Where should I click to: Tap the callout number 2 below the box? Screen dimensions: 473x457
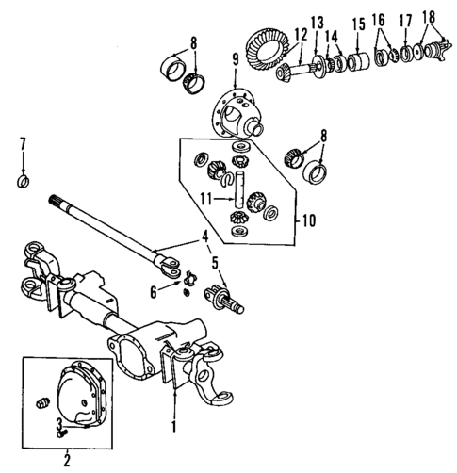66,461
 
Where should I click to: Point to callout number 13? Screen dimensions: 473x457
316,23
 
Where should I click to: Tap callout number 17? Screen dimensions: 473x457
406,20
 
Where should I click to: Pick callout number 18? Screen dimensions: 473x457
429,17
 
